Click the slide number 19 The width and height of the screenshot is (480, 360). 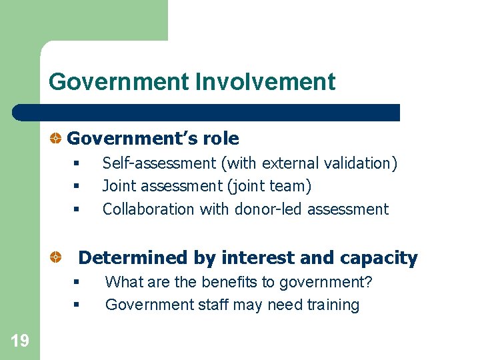[20, 341]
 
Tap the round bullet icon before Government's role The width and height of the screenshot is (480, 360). [57, 139]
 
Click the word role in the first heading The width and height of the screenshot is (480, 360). [219, 139]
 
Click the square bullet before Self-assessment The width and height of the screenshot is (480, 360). [77, 163]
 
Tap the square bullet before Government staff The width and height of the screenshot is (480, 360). [77, 305]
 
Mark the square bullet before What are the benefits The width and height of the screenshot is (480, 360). [77, 282]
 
